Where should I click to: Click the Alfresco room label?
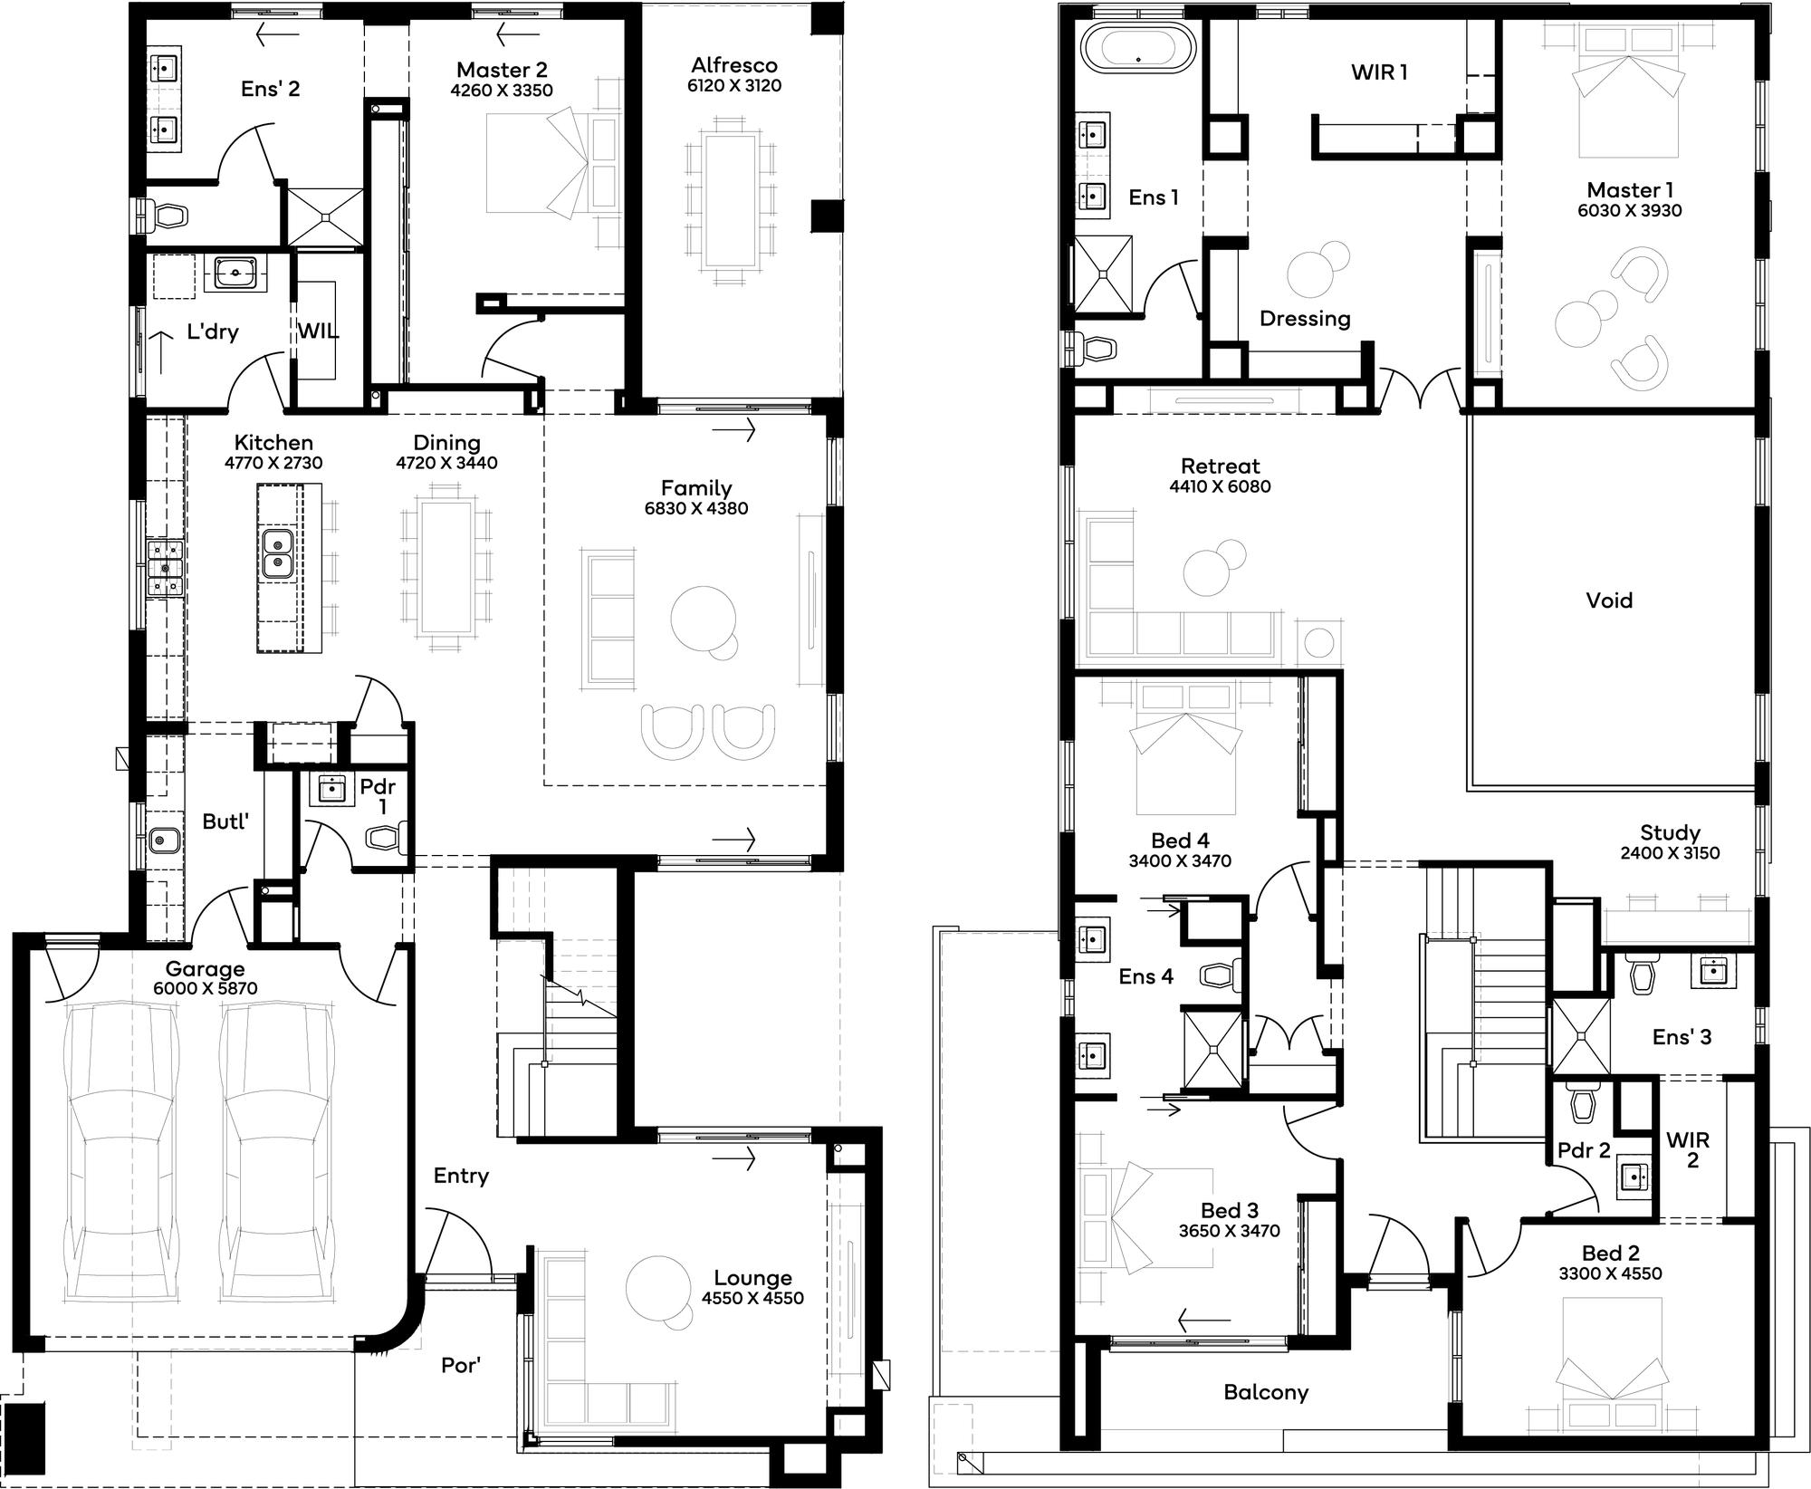click(734, 65)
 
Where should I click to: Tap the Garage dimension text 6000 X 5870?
click(206, 988)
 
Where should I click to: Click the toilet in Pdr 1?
click(386, 839)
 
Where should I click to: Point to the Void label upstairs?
click(1609, 600)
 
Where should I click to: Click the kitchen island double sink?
click(277, 554)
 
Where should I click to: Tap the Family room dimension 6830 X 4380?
click(696, 508)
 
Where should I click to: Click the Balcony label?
click(1266, 1392)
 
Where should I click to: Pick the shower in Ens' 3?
click(1582, 1034)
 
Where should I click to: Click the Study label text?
click(1670, 832)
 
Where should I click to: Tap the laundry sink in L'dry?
click(235, 271)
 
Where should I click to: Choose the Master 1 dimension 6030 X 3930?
click(1630, 210)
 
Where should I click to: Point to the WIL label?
click(318, 331)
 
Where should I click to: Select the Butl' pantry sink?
click(164, 840)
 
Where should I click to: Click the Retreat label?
click(1220, 466)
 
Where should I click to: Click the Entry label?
click(461, 1176)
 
